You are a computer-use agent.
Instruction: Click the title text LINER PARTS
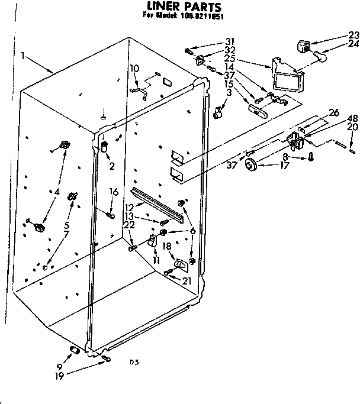click(176, 7)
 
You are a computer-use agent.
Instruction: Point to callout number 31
click(230, 41)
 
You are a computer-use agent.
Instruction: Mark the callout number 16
click(114, 192)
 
